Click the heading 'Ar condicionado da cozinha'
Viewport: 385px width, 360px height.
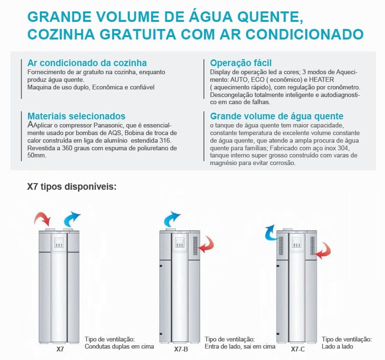click(x=87, y=63)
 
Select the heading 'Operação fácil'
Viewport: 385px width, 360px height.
click(x=241, y=63)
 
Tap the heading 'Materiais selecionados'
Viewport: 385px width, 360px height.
click(x=77, y=116)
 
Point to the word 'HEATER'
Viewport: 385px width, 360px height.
click(x=321, y=79)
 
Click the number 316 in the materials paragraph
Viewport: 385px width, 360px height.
click(x=165, y=141)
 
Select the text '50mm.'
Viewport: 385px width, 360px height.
click(x=37, y=156)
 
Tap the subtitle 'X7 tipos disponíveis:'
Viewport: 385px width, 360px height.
click(x=72, y=186)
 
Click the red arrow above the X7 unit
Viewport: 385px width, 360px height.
click(x=42, y=218)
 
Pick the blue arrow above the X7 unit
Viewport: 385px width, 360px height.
click(x=71, y=218)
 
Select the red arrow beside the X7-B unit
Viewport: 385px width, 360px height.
click(x=207, y=244)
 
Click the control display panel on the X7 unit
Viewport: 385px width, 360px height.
click(x=59, y=242)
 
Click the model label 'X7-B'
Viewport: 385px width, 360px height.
click(x=181, y=349)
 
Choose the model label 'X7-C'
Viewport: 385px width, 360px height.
click(x=298, y=349)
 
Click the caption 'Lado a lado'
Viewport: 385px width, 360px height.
click(x=337, y=347)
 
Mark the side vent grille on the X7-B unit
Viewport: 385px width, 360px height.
click(x=195, y=246)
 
